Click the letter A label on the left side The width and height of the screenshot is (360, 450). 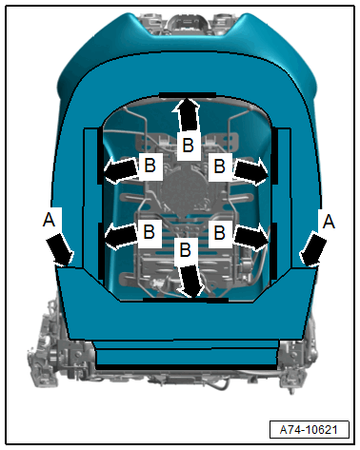[x=50, y=220]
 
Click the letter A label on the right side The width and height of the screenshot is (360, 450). [x=329, y=221]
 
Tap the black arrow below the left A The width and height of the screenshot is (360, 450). [x=60, y=249]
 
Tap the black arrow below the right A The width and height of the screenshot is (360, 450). [x=313, y=249]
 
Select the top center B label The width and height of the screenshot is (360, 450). [x=188, y=146]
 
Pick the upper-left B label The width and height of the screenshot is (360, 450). [x=150, y=166]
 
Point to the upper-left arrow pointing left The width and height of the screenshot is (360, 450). [x=122, y=170]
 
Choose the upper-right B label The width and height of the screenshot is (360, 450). [x=219, y=166]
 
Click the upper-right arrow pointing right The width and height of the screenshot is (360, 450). [x=251, y=171]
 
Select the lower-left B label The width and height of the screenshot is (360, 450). [x=150, y=231]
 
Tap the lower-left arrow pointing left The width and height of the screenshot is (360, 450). [x=122, y=236]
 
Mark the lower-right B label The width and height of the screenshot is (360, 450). [x=219, y=232]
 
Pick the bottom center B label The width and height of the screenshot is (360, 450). [x=186, y=249]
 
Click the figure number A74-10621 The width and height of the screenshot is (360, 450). [x=309, y=430]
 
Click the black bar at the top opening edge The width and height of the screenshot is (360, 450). [x=188, y=95]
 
